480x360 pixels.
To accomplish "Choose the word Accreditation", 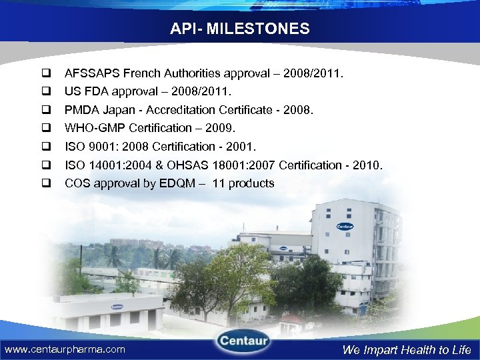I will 176,109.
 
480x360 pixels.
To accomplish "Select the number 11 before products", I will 219,183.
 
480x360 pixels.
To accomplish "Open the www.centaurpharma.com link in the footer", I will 65,349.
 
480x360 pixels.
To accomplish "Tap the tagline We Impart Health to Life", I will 407,349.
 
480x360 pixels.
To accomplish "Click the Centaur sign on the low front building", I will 117,307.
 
